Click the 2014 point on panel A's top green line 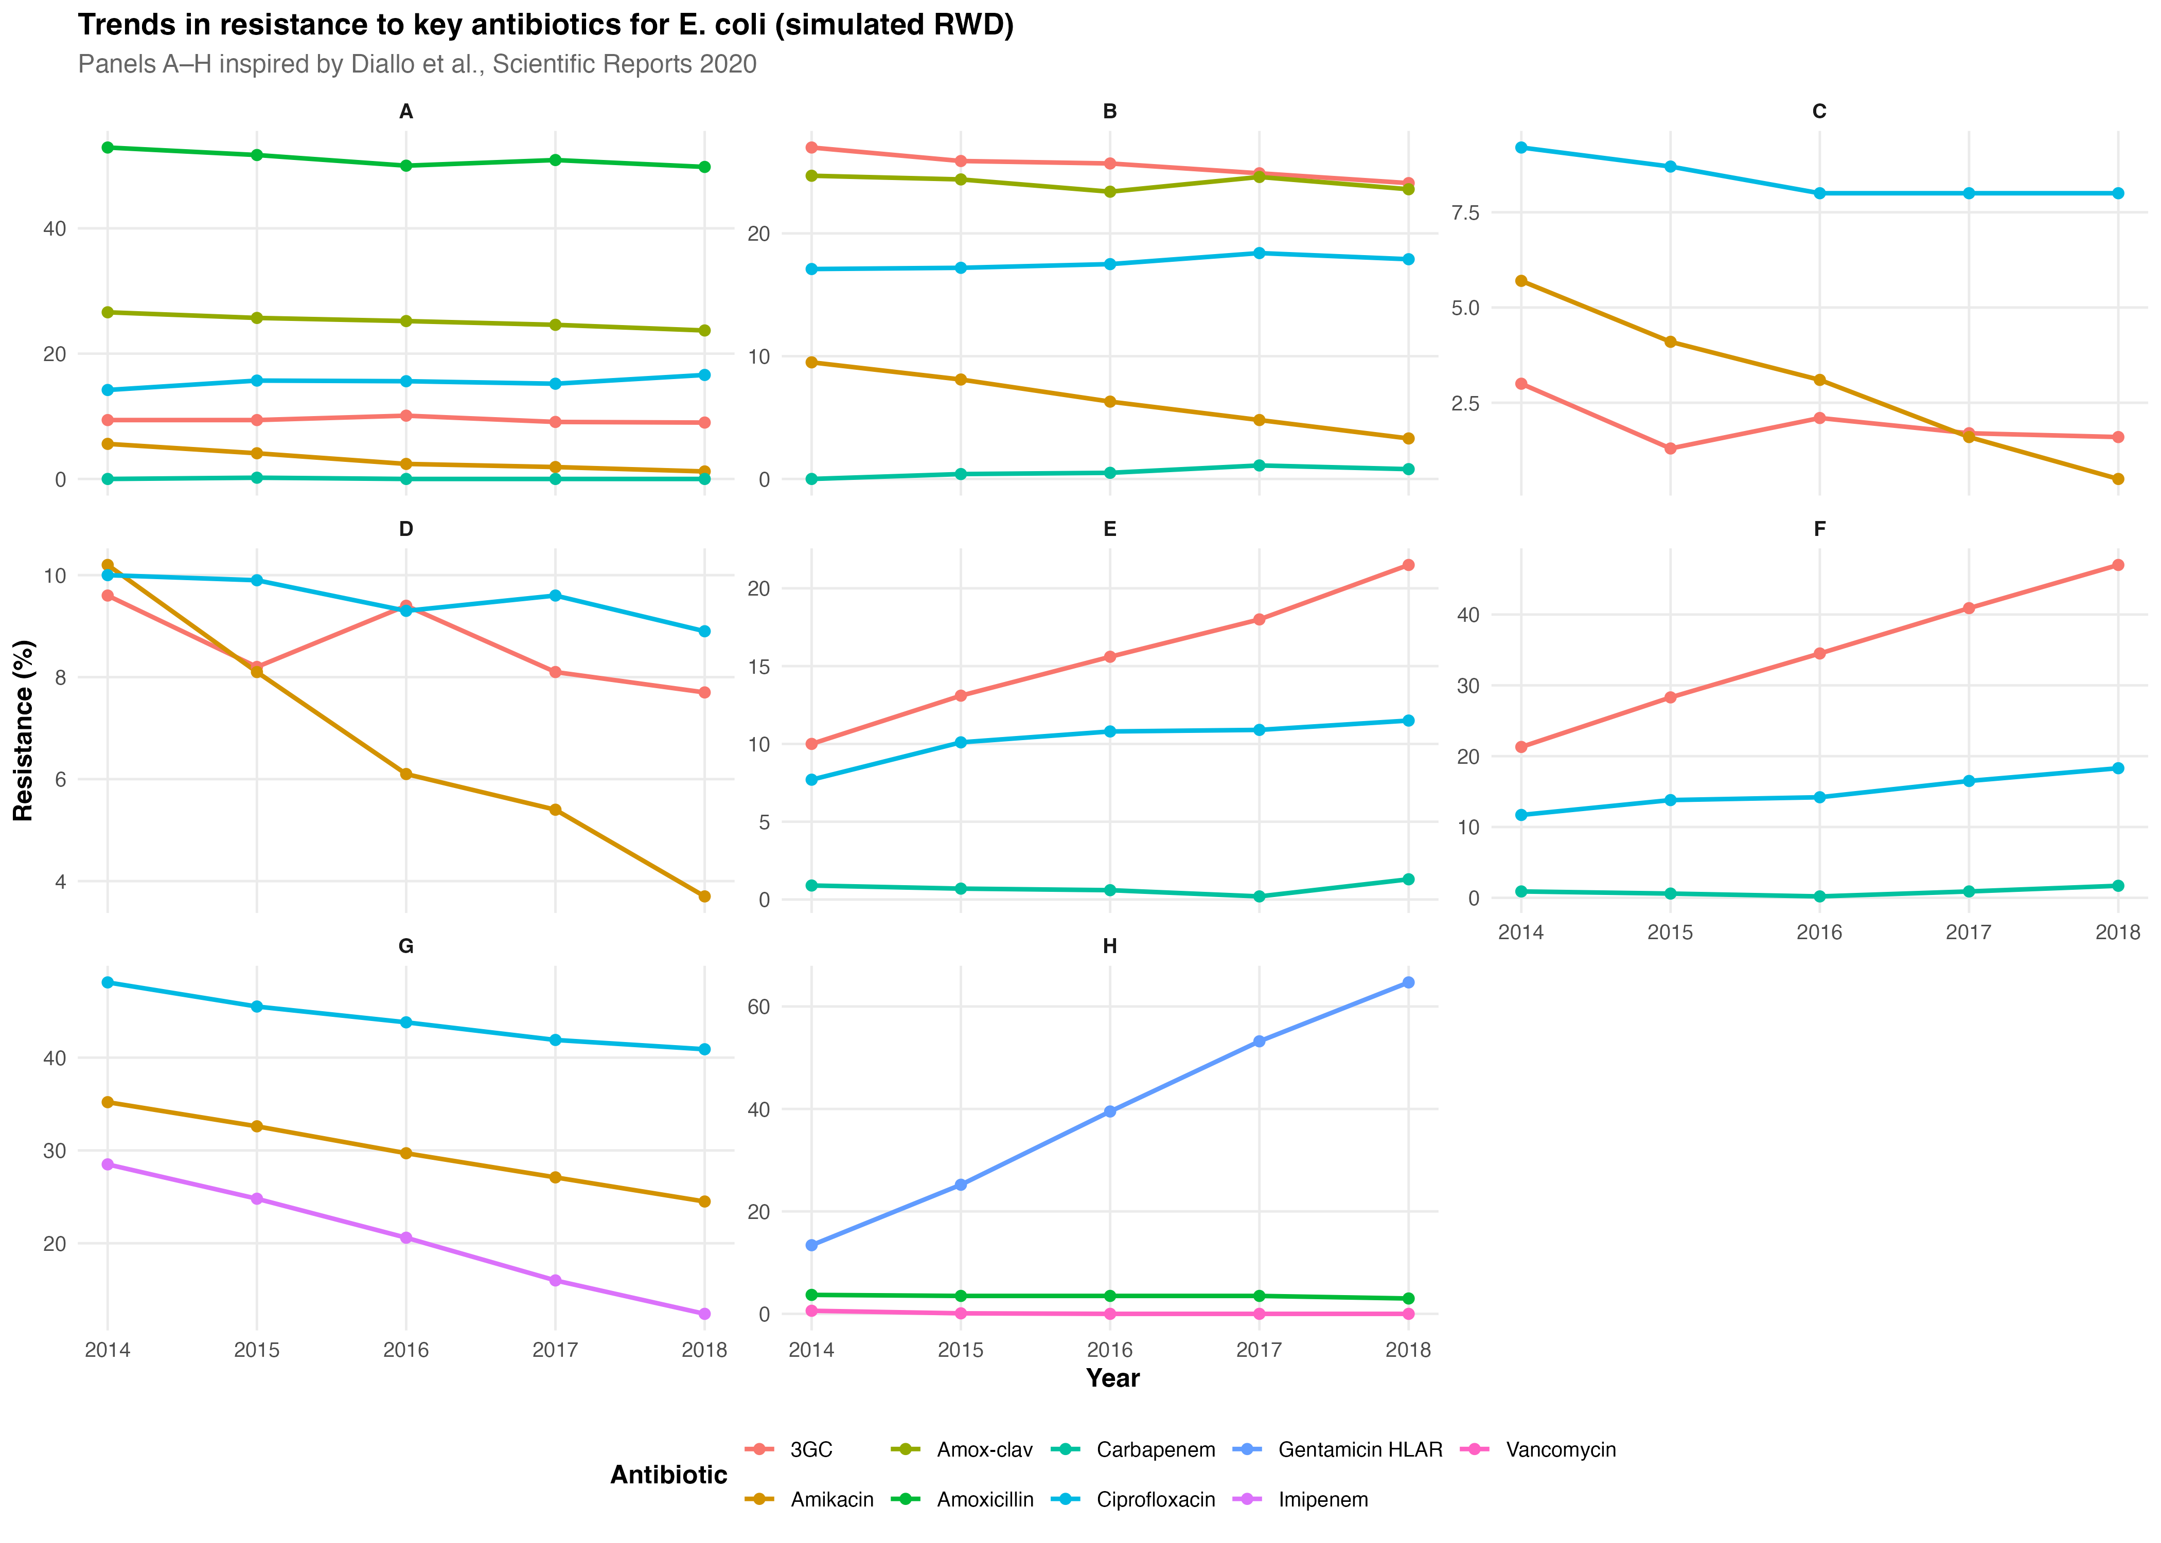pos(108,147)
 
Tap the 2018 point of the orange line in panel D pos(704,896)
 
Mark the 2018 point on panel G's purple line pos(704,1314)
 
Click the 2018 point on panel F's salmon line pos(2118,565)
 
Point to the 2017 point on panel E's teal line pos(1259,896)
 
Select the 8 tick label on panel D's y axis pos(61,677)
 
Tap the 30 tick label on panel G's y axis pos(55,1151)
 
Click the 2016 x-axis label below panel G pos(406,1350)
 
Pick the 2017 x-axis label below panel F pos(1968,932)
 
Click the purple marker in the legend pos(1246,1498)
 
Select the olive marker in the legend pos(905,1449)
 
